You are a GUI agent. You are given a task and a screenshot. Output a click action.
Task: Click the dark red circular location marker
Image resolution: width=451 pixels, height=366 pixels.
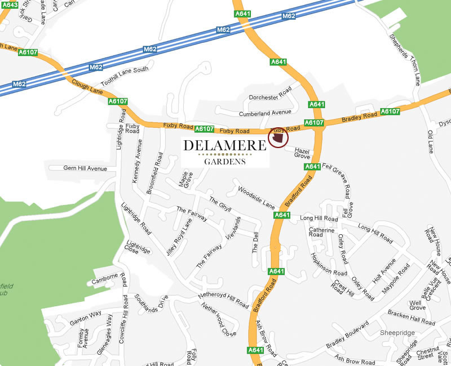[x=278, y=138]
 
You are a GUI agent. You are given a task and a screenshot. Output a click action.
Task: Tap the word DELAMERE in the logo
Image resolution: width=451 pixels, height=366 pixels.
[x=224, y=146]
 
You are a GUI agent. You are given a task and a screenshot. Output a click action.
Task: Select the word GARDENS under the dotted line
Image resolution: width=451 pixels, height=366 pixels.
[x=224, y=162]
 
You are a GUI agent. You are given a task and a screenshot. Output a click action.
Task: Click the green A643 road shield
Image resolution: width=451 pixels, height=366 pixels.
[x=9, y=5]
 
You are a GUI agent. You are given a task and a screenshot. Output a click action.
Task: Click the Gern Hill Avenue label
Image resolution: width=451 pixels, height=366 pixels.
[x=85, y=168]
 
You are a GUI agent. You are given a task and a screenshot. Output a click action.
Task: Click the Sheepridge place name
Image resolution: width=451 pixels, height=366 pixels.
[x=397, y=333]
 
